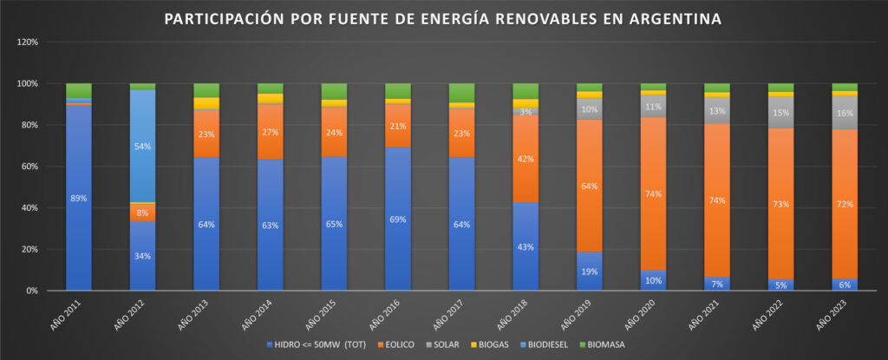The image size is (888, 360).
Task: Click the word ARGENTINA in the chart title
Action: (681, 18)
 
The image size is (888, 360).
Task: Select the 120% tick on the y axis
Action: (27, 42)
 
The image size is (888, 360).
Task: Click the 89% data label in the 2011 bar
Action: (79, 199)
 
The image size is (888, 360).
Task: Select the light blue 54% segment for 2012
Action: (142, 146)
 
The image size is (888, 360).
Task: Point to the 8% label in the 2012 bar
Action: (142, 212)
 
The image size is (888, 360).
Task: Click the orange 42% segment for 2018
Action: (526, 159)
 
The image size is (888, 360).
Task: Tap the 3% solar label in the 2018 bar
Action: (526, 112)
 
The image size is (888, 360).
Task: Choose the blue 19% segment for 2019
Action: (590, 271)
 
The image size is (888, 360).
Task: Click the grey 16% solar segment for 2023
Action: (845, 113)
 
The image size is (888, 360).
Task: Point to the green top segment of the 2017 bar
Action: (462, 92)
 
